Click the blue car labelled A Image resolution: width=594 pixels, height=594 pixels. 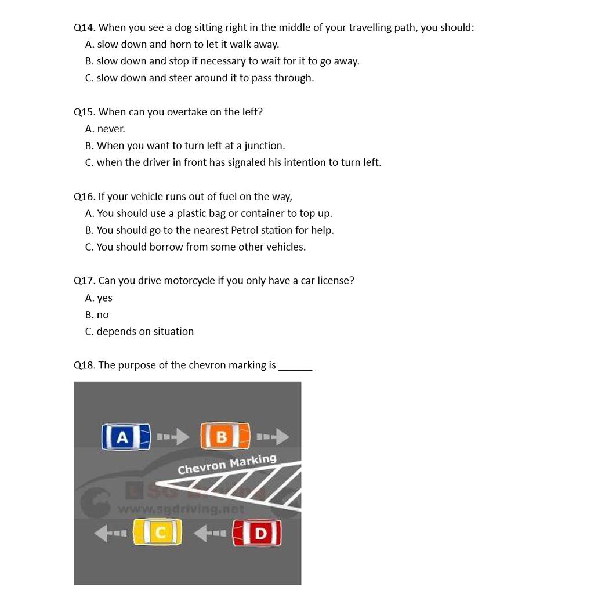tap(126, 437)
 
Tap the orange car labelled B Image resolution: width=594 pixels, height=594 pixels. tap(225, 436)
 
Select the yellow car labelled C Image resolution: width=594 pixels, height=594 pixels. tap(157, 533)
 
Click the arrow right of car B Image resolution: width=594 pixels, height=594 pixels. tap(273, 436)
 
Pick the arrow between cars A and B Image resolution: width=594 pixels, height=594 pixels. tap(173, 436)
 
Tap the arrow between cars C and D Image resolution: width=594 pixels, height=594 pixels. tap(210, 533)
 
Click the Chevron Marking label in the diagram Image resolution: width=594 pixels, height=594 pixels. tap(227, 465)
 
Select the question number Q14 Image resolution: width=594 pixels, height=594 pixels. tap(85, 27)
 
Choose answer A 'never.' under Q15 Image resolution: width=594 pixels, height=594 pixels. tap(105, 129)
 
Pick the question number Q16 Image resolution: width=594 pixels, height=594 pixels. tap(85, 197)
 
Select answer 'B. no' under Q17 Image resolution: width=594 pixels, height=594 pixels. tap(97, 315)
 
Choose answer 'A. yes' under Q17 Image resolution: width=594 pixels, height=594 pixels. tap(99, 298)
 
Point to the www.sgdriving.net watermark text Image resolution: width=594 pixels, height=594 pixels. tap(181, 509)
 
